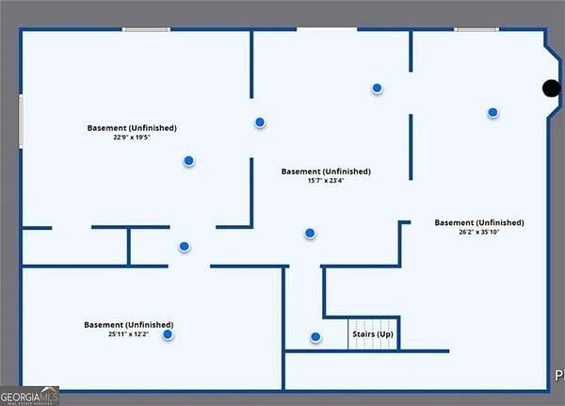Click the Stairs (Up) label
[x=372, y=335]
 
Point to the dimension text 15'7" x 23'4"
[x=326, y=182]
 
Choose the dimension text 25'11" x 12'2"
[x=128, y=334]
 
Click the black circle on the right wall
[x=551, y=89]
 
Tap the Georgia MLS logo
[x=29, y=396]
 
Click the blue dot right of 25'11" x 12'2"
[x=168, y=334]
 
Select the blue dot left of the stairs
[x=315, y=336]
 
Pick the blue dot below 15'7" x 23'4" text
[x=310, y=233]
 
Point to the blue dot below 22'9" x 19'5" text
[x=189, y=161]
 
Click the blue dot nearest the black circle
[x=492, y=112]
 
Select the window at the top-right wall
[x=476, y=29]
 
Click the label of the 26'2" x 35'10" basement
[x=478, y=222]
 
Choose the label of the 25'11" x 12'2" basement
[x=128, y=325]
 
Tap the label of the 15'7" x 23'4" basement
[x=326, y=171]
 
